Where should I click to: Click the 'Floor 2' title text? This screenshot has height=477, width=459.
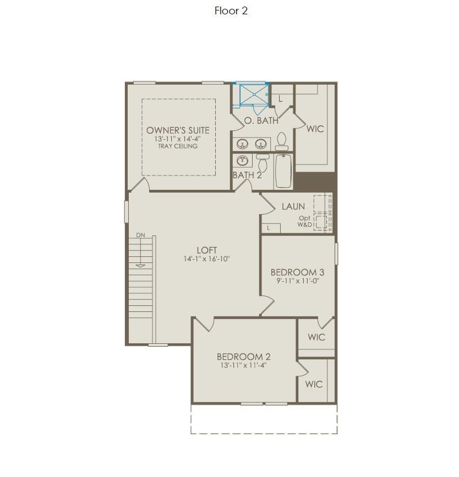(231, 11)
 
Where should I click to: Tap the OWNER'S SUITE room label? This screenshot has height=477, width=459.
(178, 130)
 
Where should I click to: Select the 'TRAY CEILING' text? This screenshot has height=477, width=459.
(178, 146)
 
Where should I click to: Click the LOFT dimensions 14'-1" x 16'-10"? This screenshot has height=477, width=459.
(206, 259)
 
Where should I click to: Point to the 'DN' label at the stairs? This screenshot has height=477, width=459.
(141, 235)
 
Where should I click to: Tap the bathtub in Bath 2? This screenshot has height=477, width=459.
(283, 171)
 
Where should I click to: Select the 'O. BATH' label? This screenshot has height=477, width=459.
(261, 120)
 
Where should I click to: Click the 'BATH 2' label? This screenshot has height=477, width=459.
(247, 176)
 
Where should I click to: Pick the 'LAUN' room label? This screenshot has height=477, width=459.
(293, 207)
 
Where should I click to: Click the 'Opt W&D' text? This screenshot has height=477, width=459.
(305, 221)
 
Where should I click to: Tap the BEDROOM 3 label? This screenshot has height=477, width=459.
(297, 272)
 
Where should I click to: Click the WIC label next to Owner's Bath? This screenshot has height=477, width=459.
(315, 129)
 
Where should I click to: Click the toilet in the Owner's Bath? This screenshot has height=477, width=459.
(282, 142)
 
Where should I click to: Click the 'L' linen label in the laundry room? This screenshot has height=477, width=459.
(269, 228)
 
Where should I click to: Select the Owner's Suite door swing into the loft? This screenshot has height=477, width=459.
(140, 185)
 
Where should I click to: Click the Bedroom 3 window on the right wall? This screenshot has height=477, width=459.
(337, 254)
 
